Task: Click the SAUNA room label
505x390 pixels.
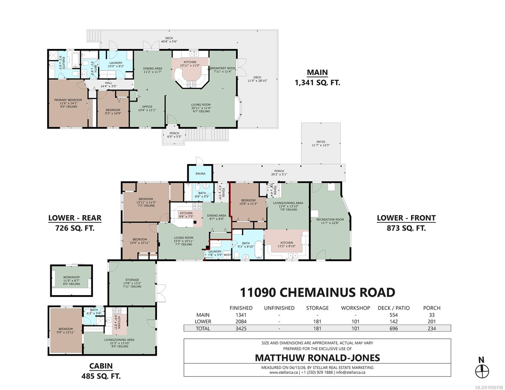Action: pyautogui.click(x=200, y=174)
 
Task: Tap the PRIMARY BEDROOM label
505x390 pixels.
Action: pyautogui.click(x=68, y=100)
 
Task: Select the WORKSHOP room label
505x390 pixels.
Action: pyautogui.click(x=71, y=277)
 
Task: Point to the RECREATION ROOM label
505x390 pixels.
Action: pyautogui.click(x=330, y=219)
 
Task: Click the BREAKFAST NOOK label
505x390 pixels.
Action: pyautogui.click(x=223, y=68)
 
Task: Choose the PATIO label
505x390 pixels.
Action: pyautogui.click(x=321, y=142)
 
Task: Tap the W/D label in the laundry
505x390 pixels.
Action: pyautogui.click(x=227, y=255)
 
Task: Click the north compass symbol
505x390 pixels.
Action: pyautogui.click(x=482, y=372)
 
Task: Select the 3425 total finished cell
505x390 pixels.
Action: pyautogui.click(x=241, y=329)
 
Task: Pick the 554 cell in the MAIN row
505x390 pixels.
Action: pyautogui.click(x=393, y=315)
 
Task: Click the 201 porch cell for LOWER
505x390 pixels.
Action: pyautogui.click(x=432, y=322)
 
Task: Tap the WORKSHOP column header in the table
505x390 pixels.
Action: pyautogui.click(x=355, y=308)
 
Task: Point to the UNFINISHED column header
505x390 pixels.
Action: pyautogui.click(x=279, y=308)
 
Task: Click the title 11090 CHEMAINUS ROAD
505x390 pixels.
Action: pyautogui.click(x=317, y=292)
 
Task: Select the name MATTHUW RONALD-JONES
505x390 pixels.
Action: pyautogui.click(x=317, y=358)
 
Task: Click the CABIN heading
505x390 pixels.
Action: pyautogui.click(x=101, y=366)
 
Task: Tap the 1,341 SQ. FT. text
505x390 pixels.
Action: pyautogui.click(x=317, y=83)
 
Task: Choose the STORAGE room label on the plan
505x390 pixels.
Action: pyautogui.click(x=132, y=280)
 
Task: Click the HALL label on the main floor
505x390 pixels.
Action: pyautogui.click(x=109, y=83)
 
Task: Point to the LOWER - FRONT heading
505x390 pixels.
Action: pyautogui.click(x=406, y=218)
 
